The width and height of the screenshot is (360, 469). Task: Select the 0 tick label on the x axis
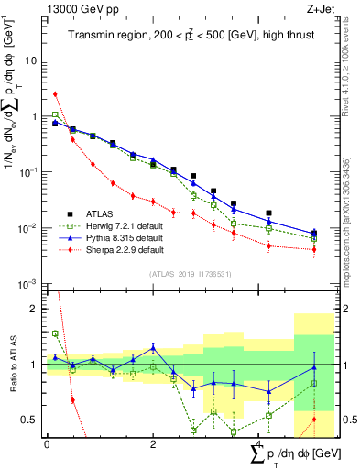click(x=47, y=443)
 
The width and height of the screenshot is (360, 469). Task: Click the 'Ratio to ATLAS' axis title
click(x=12, y=365)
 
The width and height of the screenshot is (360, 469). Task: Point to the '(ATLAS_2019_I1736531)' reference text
click(x=183, y=274)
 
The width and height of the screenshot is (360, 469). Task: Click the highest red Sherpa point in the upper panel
click(x=56, y=93)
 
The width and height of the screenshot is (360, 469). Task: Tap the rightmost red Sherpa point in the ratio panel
click(x=314, y=420)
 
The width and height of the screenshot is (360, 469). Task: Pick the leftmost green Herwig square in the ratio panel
click(x=56, y=334)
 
